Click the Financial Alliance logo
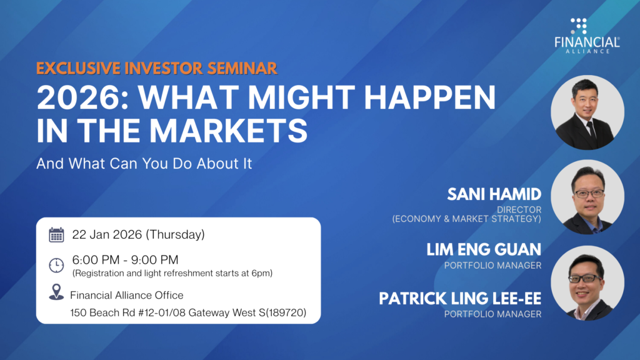587,36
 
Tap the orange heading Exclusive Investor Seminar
157,68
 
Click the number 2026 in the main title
82,98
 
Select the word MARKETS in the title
228,131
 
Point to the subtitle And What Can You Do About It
144,163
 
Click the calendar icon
56,235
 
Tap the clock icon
56,265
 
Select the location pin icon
56,292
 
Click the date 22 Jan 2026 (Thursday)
138,235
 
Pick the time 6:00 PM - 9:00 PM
125,259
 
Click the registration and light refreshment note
172,273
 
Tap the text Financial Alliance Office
126,295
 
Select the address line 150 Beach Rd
188,312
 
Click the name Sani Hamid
494,194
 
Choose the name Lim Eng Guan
484,249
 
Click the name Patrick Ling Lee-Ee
460,298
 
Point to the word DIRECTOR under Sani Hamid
519,209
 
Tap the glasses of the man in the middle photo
589,194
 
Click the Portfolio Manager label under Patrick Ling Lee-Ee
492,314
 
